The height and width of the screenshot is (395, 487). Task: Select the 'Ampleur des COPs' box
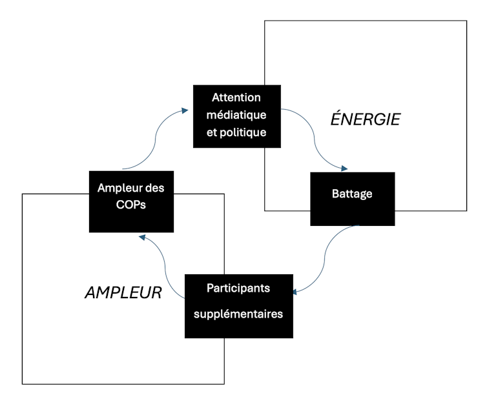(x=130, y=201)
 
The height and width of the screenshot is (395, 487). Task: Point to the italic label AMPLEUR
(x=123, y=292)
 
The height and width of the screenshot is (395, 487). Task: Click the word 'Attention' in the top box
(x=236, y=98)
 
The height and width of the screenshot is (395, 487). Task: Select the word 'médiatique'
(x=236, y=115)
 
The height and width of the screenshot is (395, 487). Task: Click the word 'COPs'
(x=130, y=208)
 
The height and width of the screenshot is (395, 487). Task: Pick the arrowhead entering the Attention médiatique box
(x=185, y=110)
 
